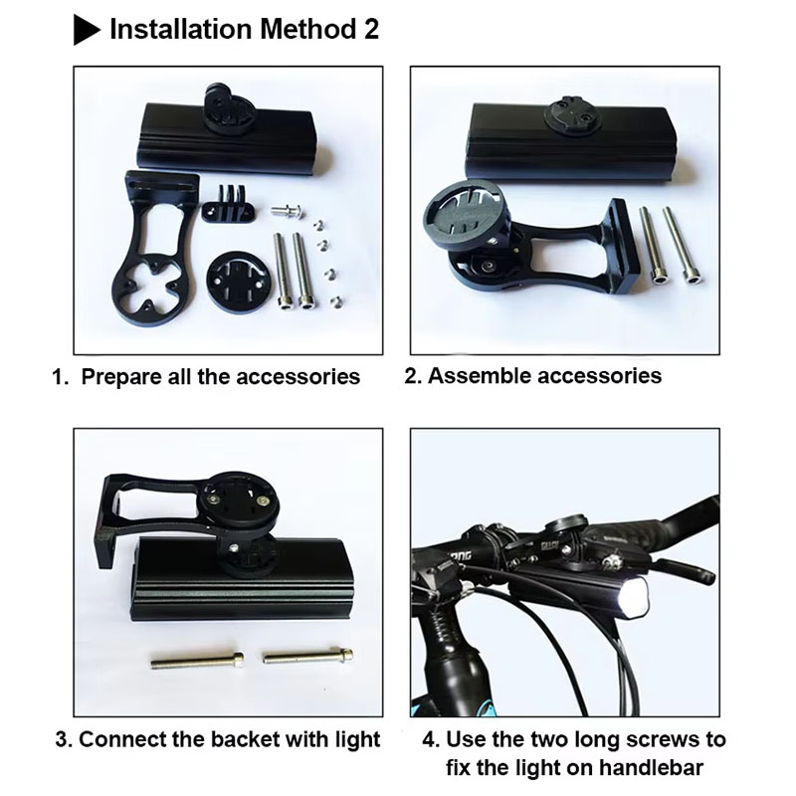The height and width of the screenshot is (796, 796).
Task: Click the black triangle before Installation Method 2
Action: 86,30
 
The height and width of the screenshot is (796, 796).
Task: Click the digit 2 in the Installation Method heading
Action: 371,30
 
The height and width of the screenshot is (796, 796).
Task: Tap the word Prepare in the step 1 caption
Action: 120,378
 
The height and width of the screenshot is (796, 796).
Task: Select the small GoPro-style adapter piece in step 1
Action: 228,204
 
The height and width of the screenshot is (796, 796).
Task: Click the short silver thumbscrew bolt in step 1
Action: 287,209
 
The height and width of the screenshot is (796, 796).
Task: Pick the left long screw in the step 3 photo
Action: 197,661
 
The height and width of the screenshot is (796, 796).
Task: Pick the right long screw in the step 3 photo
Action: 308,656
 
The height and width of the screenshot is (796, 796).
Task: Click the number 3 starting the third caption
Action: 61,739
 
